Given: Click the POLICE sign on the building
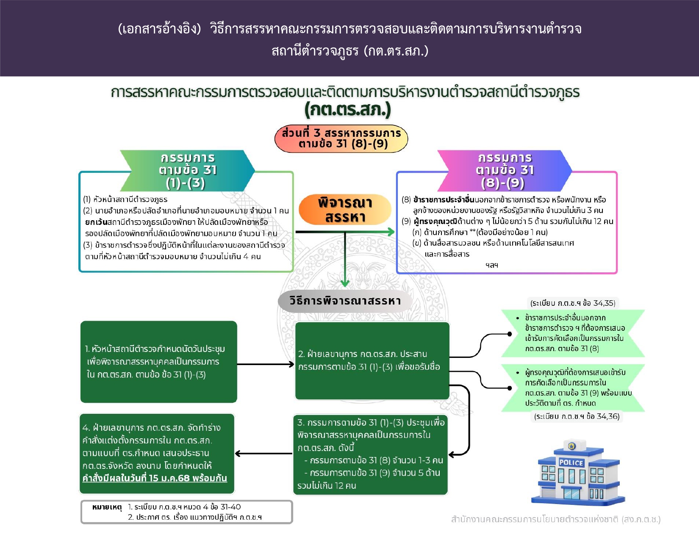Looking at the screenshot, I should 571,462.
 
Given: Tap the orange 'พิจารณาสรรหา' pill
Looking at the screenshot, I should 345,210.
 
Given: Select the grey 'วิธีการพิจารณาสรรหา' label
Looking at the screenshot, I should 345,301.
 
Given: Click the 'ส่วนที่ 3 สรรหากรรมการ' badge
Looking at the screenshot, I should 341,138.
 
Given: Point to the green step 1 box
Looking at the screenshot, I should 158,362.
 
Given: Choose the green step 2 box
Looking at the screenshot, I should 372,361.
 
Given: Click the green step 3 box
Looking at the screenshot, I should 370,454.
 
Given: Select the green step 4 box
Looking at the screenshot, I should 157,454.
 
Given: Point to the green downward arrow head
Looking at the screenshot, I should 345,282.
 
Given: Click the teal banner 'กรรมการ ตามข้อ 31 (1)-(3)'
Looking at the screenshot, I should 187,170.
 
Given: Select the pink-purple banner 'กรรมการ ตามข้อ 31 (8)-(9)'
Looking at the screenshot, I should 504,170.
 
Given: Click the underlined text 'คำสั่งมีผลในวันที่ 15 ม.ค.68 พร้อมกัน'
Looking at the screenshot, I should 155,479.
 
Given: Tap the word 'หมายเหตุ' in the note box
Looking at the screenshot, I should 107,507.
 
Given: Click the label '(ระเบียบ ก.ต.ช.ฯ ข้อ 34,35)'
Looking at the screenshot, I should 573,303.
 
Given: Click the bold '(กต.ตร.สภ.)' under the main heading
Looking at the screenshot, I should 347,110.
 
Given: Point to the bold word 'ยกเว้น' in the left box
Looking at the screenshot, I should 96,222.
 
